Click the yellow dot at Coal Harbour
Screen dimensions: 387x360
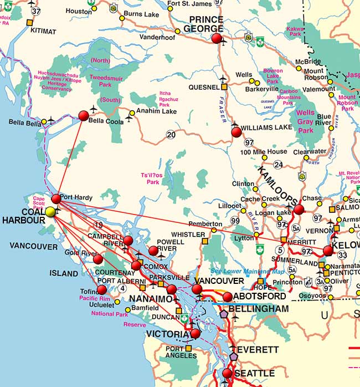point(51,211)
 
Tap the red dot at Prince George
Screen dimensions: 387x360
point(217,38)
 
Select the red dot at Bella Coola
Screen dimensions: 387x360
point(84,116)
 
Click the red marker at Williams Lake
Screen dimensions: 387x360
point(236,132)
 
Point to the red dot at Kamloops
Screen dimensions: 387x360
point(299,209)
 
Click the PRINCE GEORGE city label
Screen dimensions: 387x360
point(203,24)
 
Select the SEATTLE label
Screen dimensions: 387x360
point(254,374)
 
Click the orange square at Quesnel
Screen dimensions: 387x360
point(224,87)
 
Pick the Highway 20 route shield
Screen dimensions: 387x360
point(171,134)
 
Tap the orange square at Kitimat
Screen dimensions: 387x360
point(29,22)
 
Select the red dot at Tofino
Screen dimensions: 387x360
point(102,289)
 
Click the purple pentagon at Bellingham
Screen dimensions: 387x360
point(224,313)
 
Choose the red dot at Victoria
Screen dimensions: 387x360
point(195,334)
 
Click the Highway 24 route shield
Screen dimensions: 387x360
point(278,165)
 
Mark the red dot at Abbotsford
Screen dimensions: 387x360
point(227,297)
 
